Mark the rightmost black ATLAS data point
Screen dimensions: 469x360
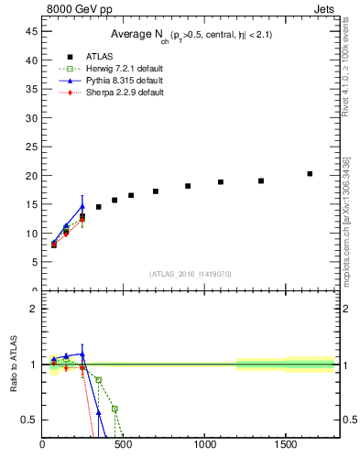pos(310,174)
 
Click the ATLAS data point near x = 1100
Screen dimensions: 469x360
pos(221,182)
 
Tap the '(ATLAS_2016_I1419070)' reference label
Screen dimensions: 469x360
pos(189,274)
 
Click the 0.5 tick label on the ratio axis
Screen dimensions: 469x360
pos(28,420)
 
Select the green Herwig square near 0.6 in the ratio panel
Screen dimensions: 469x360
pos(115,409)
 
